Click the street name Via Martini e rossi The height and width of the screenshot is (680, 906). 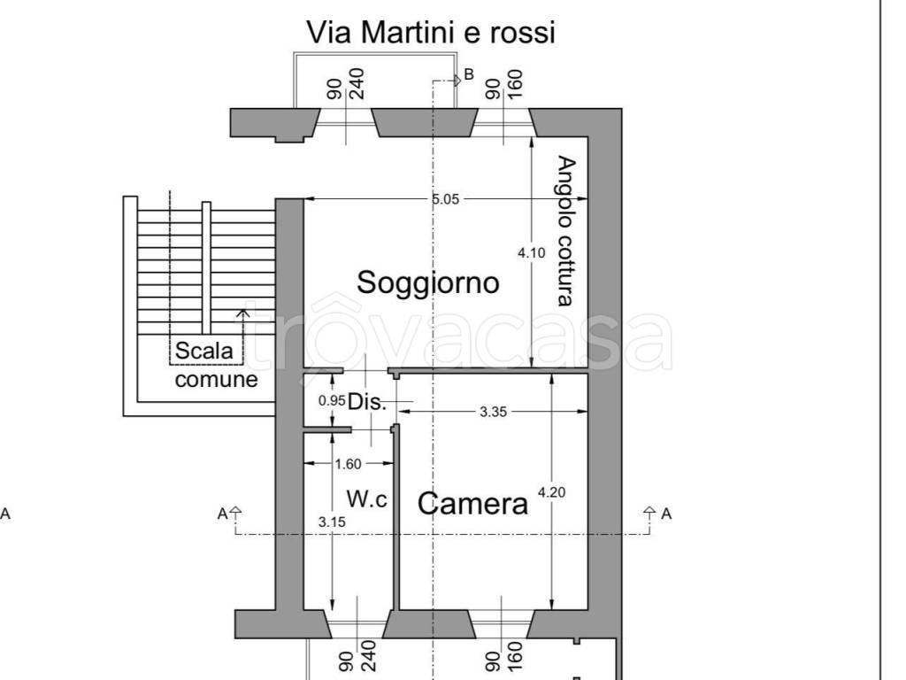pyautogui.click(x=430, y=33)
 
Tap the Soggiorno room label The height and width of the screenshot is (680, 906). pyautogui.click(x=427, y=282)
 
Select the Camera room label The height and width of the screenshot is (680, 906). pyautogui.click(x=472, y=503)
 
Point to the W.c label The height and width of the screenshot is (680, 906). pyautogui.click(x=366, y=499)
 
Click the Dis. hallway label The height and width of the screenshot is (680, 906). pyautogui.click(x=367, y=402)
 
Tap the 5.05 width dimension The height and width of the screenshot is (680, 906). pyautogui.click(x=445, y=199)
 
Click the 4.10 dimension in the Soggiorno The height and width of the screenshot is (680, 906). pyautogui.click(x=531, y=252)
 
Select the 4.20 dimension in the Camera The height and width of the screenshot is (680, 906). pyautogui.click(x=551, y=492)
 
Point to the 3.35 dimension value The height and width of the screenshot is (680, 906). pyautogui.click(x=494, y=411)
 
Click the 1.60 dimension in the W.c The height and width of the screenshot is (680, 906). pyautogui.click(x=348, y=463)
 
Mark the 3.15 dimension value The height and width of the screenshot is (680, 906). pyautogui.click(x=332, y=522)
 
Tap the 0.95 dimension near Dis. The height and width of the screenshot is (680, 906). pyautogui.click(x=331, y=400)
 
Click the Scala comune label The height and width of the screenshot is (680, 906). pyautogui.click(x=215, y=365)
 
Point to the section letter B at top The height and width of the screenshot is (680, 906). pyautogui.click(x=469, y=73)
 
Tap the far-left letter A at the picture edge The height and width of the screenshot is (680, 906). pyautogui.click(x=6, y=514)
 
